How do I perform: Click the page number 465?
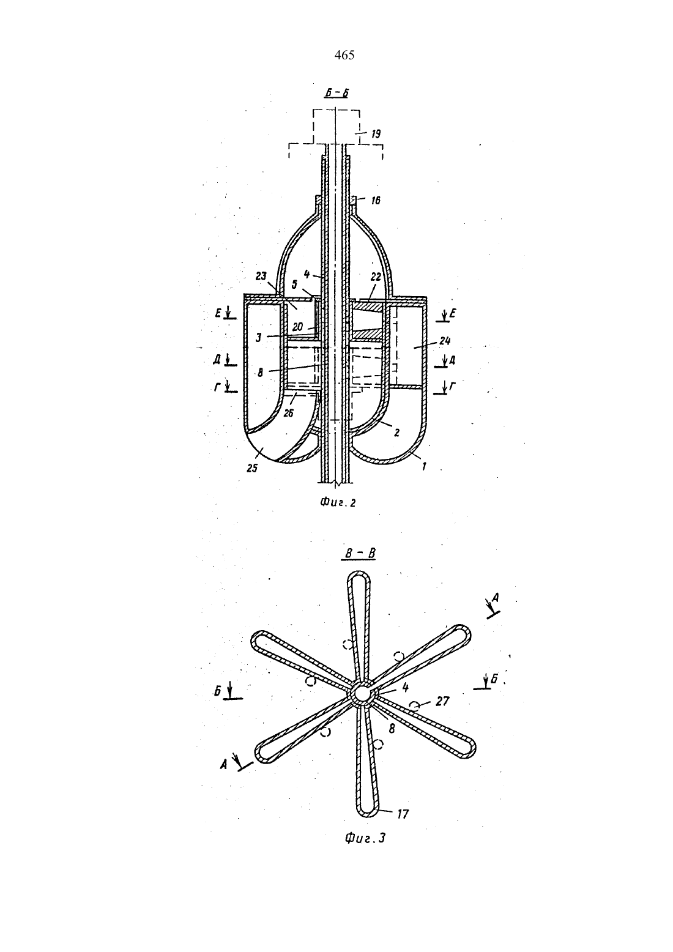[x=344, y=55]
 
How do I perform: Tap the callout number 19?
[x=375, y=135]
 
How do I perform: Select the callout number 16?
[x=375, y=200]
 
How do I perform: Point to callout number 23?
[x=261, y=276]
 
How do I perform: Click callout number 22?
[x=375, y=277]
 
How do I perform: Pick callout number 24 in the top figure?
[x=444, y=341]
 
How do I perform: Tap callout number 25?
[x=252, y=468]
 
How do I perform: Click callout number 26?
[x=289, y=412]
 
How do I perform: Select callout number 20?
[x=297, y=328]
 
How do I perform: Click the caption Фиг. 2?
[x=338, y=502]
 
